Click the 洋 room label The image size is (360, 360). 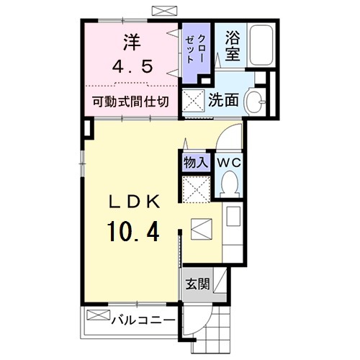coord(131,42)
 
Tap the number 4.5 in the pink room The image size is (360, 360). coord(131,66)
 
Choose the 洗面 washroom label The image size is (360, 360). coord(224,100)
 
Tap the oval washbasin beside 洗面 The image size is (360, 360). coord(254,100)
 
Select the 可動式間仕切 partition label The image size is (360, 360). coord(131,102)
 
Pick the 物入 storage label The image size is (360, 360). coord(195,162)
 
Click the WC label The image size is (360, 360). coord(230,162)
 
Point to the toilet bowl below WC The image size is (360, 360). coord(229,186)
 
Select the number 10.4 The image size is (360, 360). coord(133,232)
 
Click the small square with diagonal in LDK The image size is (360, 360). coord(201,230)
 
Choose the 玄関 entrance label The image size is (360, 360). coord(197,284)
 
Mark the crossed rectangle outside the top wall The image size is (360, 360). coord(164,11)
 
